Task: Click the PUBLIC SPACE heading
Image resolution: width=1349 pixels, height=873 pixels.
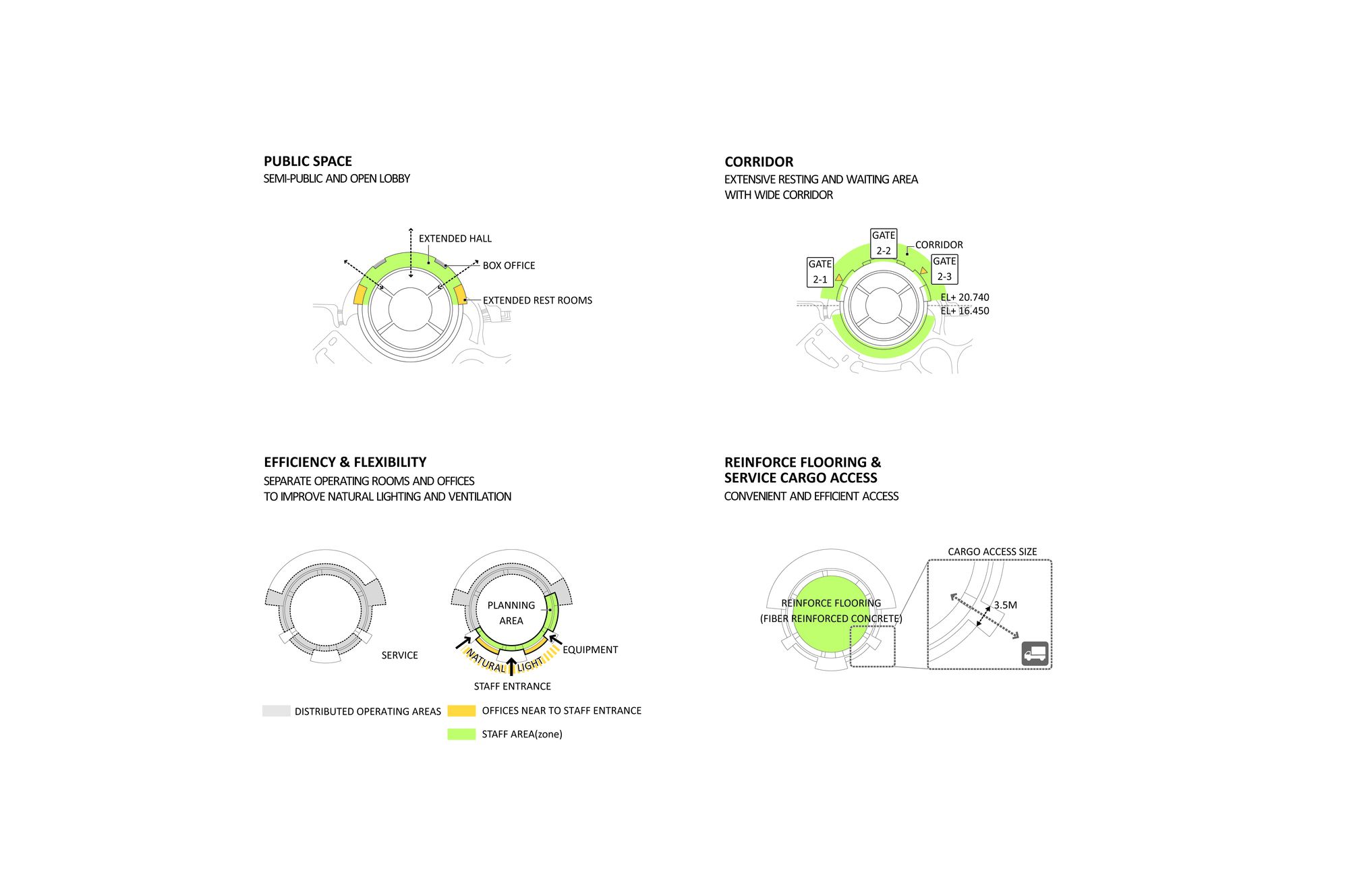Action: point(308,161)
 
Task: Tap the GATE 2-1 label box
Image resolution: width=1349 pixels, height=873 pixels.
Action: point(820,272)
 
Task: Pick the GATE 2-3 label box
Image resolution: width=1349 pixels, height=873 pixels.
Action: point(944,269)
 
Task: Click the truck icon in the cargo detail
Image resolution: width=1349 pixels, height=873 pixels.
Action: point(1035,654)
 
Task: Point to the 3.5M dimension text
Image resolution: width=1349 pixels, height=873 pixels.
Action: point(1005,605)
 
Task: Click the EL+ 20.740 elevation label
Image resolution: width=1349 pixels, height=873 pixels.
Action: point(965,298)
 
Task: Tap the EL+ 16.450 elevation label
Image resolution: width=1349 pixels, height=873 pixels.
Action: point(965,311)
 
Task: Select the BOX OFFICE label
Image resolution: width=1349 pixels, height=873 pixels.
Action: point(509,266)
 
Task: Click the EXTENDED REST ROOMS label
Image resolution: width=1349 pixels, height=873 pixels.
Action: point(538,301)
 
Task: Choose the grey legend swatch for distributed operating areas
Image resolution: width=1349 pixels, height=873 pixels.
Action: point(277,711)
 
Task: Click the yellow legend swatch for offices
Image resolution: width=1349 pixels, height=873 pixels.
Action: point(461,710)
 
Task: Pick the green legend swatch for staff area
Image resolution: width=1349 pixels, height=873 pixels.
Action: point(461,734)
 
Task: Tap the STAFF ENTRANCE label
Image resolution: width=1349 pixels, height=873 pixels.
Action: point(513,687)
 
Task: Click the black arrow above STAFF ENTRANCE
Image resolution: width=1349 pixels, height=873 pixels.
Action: point(511,667)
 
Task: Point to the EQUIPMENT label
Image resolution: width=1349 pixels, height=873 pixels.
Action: point(590,650)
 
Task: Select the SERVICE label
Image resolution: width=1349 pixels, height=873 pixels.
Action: point(399,656)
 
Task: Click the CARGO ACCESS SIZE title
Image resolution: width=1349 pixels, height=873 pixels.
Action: point(992,552)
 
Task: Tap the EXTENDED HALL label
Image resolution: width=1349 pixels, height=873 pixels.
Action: point(455,239)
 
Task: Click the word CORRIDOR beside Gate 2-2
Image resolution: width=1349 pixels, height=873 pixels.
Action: point(939,245)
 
